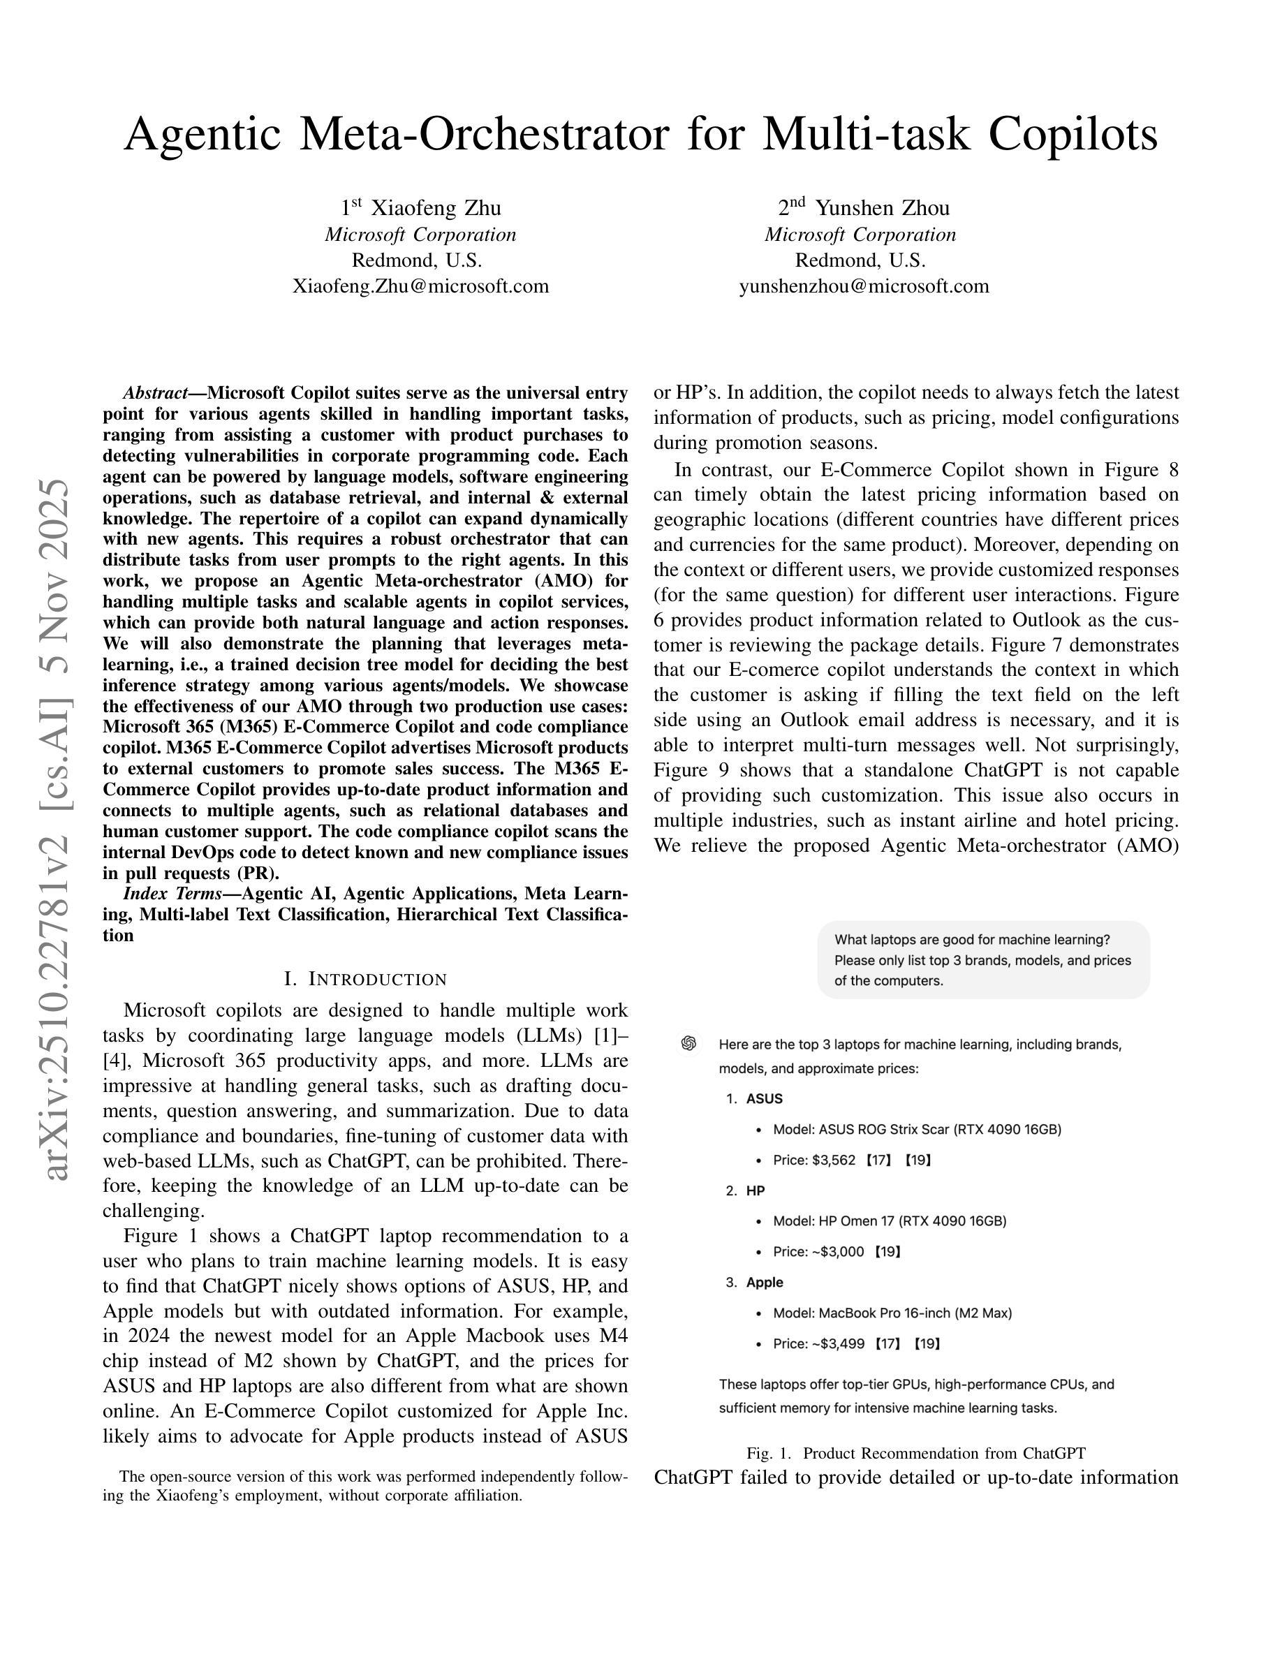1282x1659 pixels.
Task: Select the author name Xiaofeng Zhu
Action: [435, 208]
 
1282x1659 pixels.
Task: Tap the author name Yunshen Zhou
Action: [882, 208]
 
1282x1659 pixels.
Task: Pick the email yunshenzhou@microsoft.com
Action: [864, 286]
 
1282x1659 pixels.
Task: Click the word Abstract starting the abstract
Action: [155, 394]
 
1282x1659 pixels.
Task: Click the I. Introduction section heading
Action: [365, 979]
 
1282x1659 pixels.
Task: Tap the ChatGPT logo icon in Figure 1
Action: [689, 1044]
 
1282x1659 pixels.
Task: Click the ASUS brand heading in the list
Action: [764, 1098]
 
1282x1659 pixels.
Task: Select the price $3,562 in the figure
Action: [833, 1160]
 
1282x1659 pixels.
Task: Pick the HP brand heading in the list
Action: [755, 1190]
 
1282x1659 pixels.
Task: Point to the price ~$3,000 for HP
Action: [838, 1251]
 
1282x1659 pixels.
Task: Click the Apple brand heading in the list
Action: [764, 1282]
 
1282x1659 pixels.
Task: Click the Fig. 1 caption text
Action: [916, 1453]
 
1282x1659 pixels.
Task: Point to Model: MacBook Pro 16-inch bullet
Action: [892, 1313]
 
